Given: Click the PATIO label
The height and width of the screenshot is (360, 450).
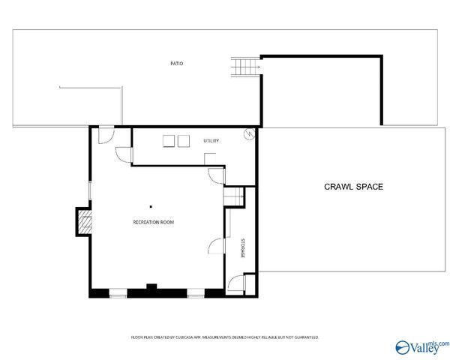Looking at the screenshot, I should tap(176, 64).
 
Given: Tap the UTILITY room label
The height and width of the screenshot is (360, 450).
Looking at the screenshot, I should tap(210, 141).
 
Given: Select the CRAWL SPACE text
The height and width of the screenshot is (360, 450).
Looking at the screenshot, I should tap(353, 186).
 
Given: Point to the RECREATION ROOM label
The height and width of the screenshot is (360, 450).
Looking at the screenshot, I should tap(154, 222).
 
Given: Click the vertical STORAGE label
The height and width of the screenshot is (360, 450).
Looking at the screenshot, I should tap(242, 249).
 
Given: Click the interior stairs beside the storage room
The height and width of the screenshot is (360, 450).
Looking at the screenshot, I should tap(235, 196).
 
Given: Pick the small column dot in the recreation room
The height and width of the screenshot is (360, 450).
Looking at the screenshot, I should tap(150, 205).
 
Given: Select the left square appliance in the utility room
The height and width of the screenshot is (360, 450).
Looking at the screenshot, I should tap(169, 140).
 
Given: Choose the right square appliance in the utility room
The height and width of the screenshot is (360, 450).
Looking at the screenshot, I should tap(184, 140).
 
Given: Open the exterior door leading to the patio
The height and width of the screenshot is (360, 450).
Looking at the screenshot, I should tap(105, 133).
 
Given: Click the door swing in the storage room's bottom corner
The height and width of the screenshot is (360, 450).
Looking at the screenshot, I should tap(236, 283).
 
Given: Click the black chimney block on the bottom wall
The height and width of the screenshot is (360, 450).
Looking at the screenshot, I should tap(151, 286).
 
